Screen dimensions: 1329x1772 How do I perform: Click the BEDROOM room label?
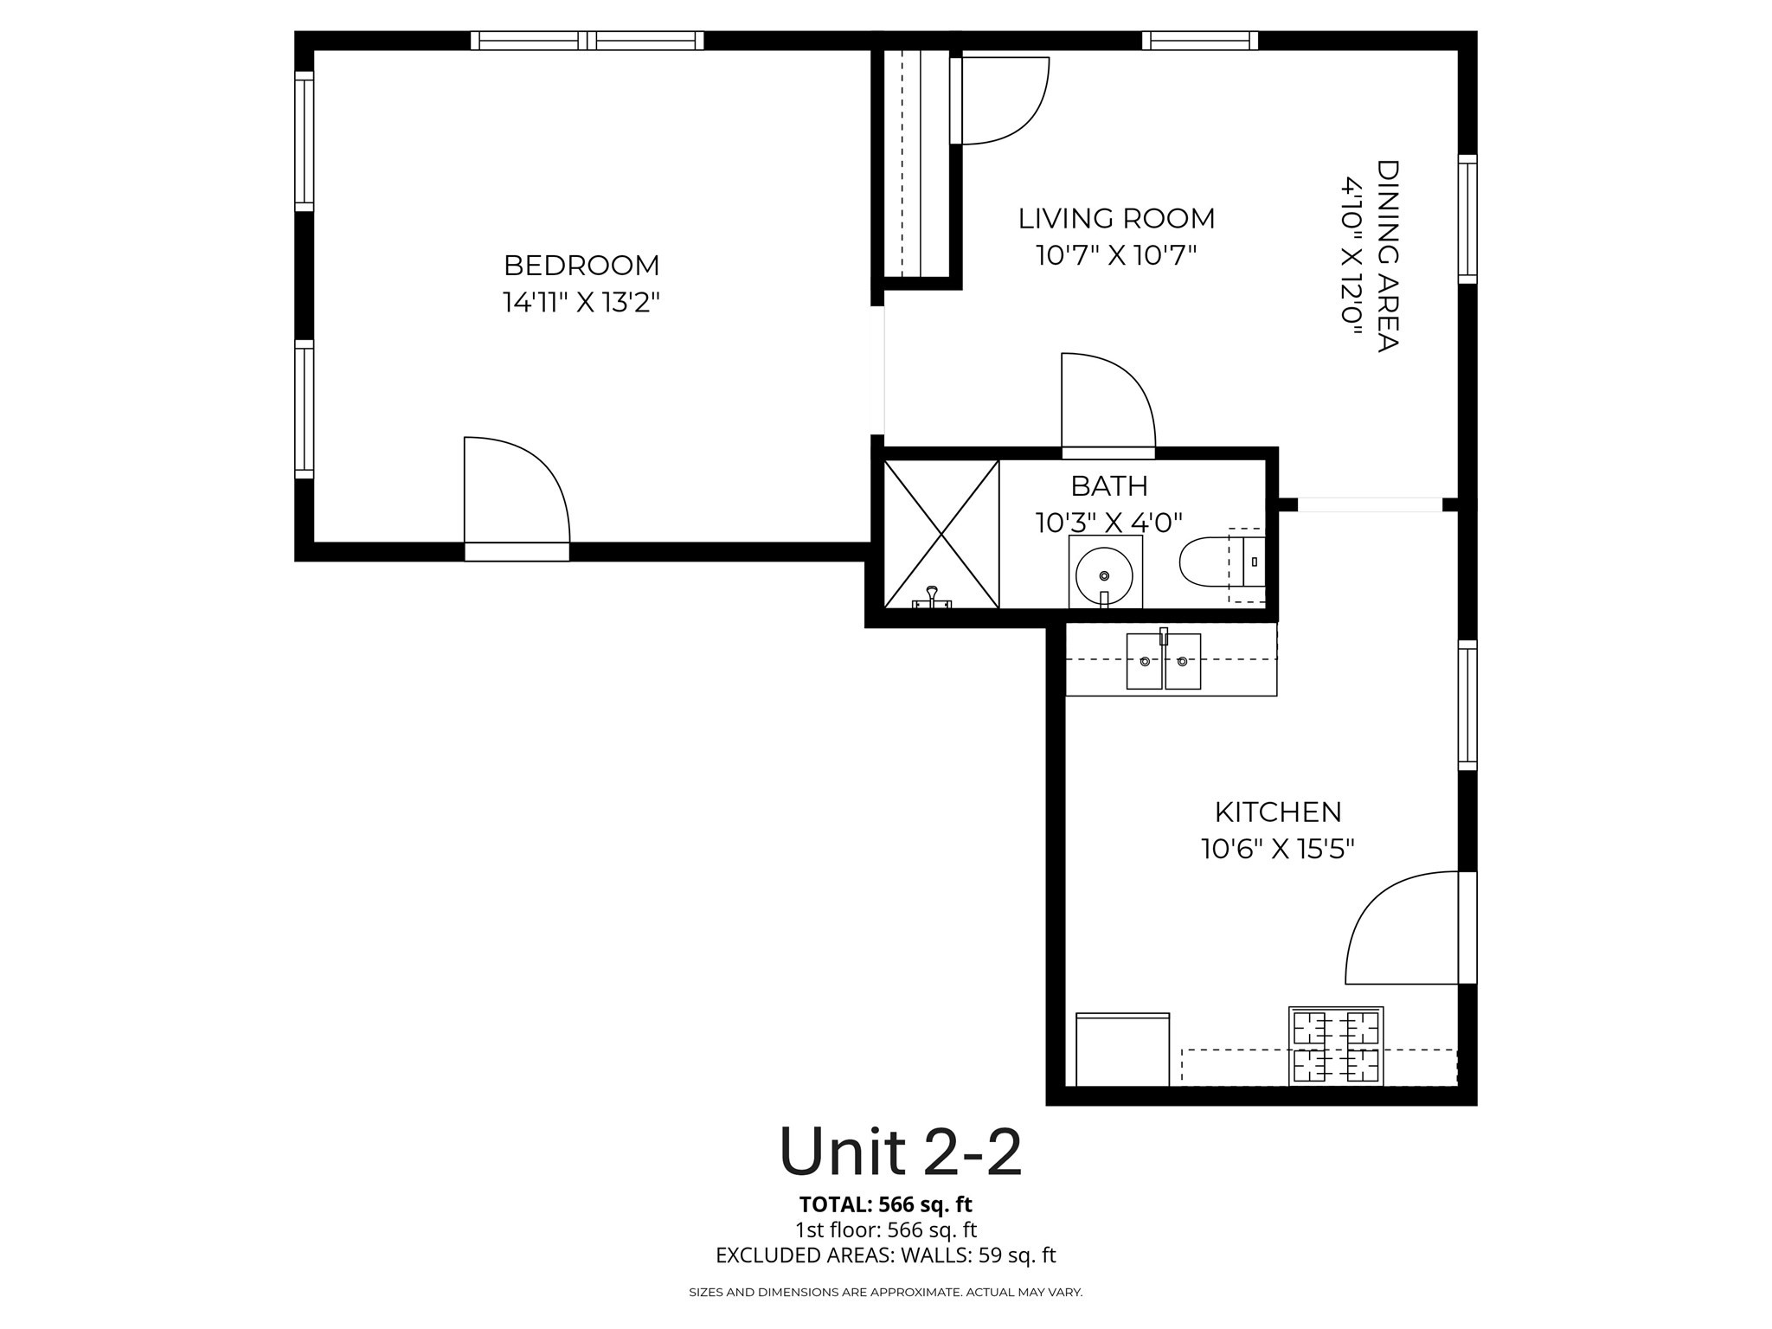click(581, 265)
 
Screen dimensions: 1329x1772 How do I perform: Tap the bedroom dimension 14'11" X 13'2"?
click(581, 303)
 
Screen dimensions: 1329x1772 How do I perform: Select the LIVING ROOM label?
click(1116, 219)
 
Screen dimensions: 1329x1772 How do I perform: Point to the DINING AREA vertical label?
click(1387, 255)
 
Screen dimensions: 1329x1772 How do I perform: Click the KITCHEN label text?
click(1278, 812)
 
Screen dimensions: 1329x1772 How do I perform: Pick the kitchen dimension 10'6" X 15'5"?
click(1278, 850)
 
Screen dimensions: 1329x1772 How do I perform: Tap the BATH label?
click(1109, 486)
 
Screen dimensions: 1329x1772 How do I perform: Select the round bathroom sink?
click(1104, 575)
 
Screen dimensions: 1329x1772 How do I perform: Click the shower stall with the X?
click(941, 534)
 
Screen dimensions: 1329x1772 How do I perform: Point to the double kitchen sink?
click(1164, 661)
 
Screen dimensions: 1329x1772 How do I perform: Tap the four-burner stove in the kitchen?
click(1336, 1046)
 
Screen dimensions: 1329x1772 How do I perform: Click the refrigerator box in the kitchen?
click(1122, 1050)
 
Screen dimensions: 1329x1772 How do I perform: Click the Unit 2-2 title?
click(900, 1152)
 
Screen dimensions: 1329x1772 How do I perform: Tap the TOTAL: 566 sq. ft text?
click(885, 1204)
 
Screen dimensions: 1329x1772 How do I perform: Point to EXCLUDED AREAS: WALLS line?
click(885, 1255)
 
